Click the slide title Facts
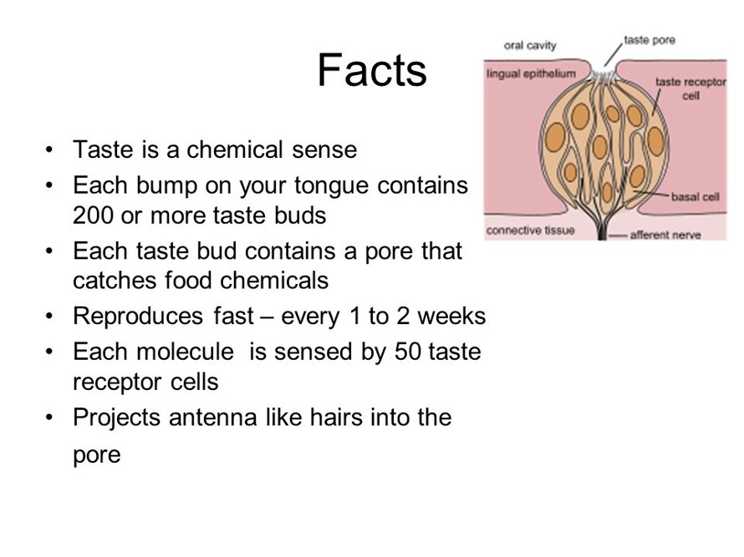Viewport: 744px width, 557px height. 372,70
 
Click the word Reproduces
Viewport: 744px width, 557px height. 138,316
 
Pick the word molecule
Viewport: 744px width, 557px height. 185,352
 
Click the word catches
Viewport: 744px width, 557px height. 115,281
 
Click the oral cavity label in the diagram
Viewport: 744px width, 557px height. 530,45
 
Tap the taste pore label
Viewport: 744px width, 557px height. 650,40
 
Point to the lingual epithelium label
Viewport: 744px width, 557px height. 531,74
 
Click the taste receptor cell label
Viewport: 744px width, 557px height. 690,89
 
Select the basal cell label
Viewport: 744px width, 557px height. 696,197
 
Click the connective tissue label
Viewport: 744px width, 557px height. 531,230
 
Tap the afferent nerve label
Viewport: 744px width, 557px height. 665,235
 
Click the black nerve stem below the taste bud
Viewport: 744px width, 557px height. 602,230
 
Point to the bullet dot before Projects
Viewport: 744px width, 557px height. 48,418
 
